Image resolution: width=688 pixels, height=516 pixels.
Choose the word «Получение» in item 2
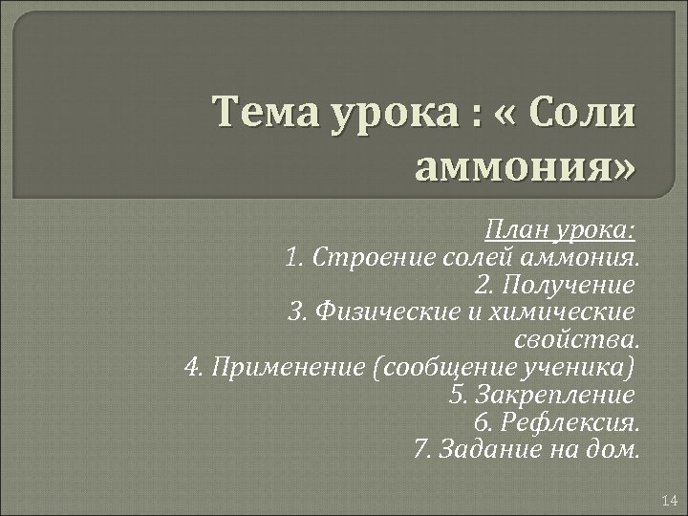[x=569, y=285]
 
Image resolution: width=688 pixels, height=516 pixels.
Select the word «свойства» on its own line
[x=576, y=339]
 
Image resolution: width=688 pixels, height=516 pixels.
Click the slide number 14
[x=668, y=501]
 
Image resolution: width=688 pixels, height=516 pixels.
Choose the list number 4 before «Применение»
[x=188, y=366]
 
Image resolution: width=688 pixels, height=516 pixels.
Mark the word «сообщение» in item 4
[x=442, y=366]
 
